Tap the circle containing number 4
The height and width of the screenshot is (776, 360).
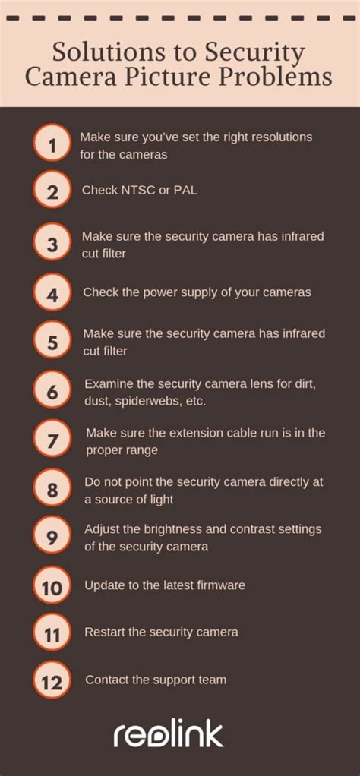tap(52, 292)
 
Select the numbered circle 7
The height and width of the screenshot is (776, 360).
tap(52, 440)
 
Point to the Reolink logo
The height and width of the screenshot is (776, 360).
tap(169, 734)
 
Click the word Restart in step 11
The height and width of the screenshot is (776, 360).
tap(105, 632)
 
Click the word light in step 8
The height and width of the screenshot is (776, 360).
tap(160, 499)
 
